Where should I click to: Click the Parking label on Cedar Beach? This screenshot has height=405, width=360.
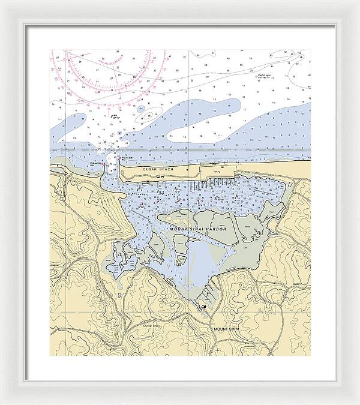(x=217, y=171)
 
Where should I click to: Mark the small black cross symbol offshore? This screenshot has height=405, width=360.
(x=220, y=136)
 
